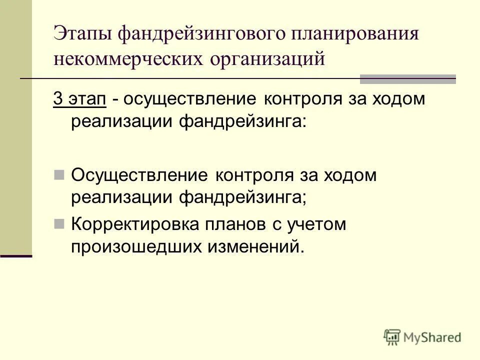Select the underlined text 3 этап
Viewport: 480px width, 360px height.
click(79, 99)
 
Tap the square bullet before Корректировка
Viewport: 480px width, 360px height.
click(59, 223)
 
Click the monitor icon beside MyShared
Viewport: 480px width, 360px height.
click(392, 337)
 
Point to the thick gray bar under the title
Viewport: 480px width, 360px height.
click(407, 79)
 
